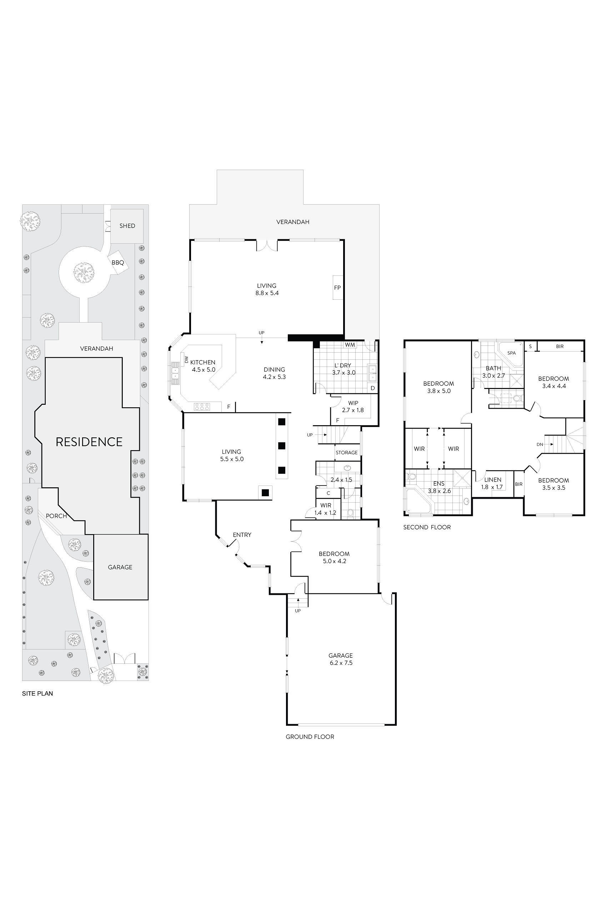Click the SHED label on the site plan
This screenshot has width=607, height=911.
(127, 226)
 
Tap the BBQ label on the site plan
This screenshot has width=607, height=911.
(118, 263)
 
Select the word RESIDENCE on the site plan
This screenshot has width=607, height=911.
(89, 442)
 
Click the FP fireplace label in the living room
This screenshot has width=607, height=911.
(337, 288)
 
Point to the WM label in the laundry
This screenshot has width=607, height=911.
(350, 345)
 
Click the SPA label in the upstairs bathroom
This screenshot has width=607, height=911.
(511, 353)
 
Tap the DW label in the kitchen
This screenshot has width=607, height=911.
(186, 360)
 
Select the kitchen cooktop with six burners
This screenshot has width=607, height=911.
(202, 407)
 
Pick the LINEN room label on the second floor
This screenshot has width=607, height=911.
(492, 479)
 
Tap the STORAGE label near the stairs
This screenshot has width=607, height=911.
(346, 452)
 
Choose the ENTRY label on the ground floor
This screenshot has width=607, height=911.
(242, 535)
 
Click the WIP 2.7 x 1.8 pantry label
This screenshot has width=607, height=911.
(353, 407)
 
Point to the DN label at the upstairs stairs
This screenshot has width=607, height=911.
(540, 445)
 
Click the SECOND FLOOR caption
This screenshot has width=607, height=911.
(427, 527)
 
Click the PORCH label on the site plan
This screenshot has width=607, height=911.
(56, 516)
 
